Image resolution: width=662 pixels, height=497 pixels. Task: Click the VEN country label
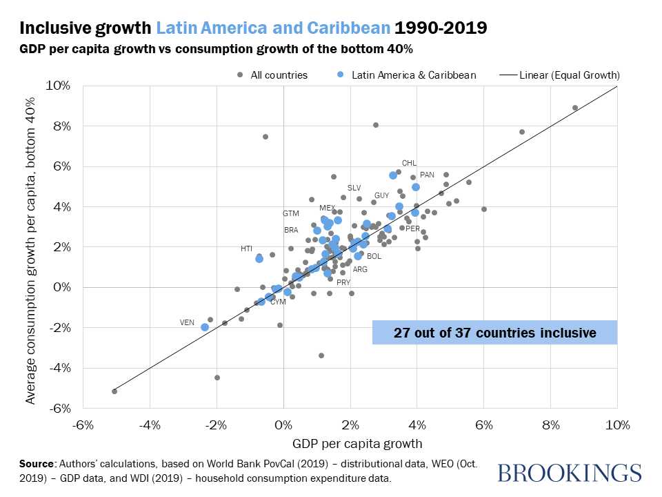187,322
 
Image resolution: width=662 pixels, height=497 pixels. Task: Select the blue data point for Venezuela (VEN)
205,327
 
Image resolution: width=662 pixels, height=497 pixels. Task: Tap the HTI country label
247,248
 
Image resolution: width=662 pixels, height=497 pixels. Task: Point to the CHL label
409,164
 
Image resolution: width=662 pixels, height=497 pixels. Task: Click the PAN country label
427,175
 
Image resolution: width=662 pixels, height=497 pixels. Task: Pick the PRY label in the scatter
343,282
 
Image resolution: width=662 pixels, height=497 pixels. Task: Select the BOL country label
374,256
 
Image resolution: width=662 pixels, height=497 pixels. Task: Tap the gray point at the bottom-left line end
114,391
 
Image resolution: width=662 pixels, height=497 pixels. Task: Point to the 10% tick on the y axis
59,86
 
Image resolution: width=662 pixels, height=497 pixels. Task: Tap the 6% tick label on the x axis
483,422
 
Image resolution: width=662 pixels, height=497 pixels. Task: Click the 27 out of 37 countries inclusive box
494,332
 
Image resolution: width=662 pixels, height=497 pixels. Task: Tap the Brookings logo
569,473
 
